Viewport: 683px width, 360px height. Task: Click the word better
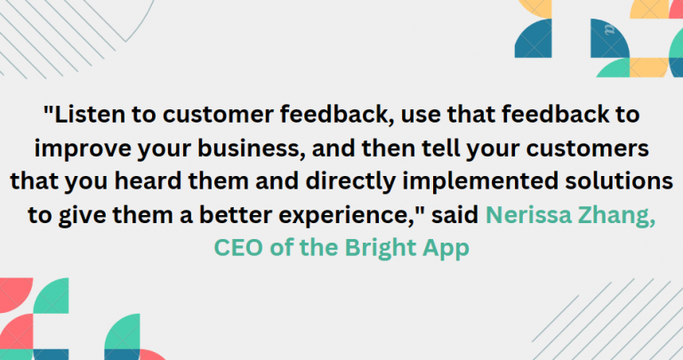(x=232, y=213)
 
